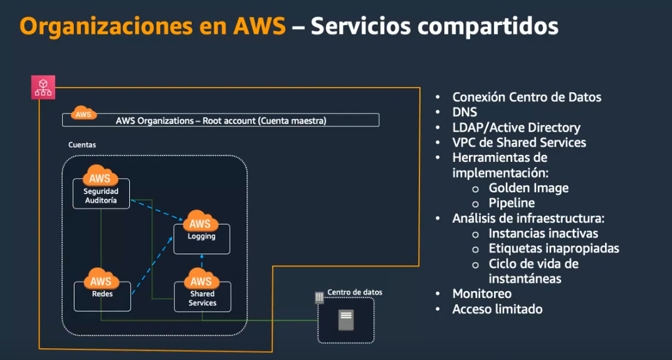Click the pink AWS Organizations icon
coord(43,87)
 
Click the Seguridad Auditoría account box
coord(101,193)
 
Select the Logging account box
coord(201,239)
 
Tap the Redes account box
coord(102,296)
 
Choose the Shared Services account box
coord(202,296)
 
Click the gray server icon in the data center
coord(346,320)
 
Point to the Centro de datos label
coord(354,292)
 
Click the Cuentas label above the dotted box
coord(82,145)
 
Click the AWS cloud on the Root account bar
coord(83,113)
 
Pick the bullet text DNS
coord(465,112)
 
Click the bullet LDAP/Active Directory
coord(517,127)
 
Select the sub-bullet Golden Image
coord(528,188)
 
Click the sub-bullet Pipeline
coord(512,203)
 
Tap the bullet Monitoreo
coord(482,294)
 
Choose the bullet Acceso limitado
coord(498,309)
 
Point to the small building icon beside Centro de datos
coord(319,297)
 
